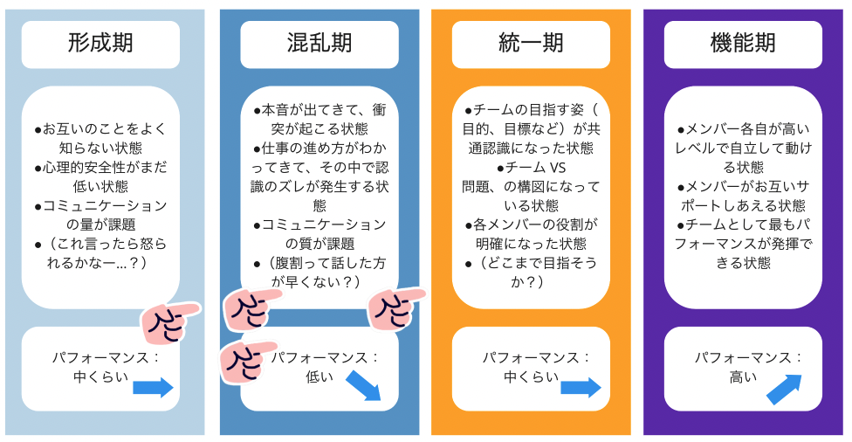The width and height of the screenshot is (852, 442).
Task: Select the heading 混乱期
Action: point(319,43)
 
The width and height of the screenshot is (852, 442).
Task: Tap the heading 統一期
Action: point(531,43)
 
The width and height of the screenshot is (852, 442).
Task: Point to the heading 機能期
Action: point(743,43)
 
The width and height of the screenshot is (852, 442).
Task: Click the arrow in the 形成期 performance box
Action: point(154,388)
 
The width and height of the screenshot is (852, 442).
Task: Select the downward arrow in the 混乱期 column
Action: point(364,385)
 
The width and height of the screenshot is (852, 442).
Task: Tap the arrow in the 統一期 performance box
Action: point(581,388)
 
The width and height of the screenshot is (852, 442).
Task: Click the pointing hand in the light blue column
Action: point(167,323)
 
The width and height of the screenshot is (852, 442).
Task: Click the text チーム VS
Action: point(532,166)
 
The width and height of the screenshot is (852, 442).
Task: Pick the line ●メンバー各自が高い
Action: point(743,128)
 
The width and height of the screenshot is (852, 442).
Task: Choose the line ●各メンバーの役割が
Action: point(531,224)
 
